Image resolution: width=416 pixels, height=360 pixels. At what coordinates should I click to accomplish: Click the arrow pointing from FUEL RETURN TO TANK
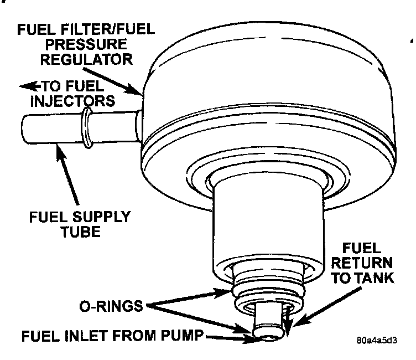(x=318, y=312)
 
